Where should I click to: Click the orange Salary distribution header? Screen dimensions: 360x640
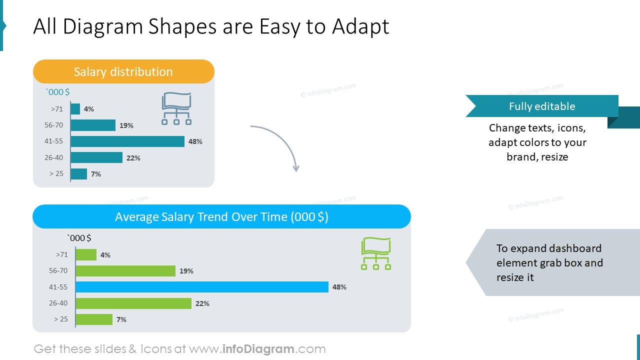(123, 71)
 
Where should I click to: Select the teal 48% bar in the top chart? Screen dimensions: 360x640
(127, 141)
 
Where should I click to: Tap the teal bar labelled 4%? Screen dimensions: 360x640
(75, 109)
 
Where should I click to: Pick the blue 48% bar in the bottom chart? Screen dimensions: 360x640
(202, 287)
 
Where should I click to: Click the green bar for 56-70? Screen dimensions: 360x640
(125, 271)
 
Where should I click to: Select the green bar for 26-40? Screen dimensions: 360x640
(133, 303)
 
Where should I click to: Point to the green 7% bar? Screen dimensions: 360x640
(94, 319)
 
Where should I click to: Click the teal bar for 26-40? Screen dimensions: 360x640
(96, 157)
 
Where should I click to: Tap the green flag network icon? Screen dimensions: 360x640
(376, 254)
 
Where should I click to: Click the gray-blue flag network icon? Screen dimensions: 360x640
(176, 108)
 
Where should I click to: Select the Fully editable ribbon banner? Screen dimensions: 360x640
(541, 106)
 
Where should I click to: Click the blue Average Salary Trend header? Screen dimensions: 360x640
(221, 217)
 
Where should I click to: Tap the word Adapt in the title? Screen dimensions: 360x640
(360, 26)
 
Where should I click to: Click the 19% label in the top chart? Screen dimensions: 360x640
(126, 125)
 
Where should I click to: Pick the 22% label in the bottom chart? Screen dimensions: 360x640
(202, 303)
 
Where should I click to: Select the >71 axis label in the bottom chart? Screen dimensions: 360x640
(62, 254)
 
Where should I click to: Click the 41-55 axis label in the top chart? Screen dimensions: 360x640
(53, 141)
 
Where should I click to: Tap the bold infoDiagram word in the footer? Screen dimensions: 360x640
(257, 349)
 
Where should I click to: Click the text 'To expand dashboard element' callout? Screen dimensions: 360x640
(548, 262)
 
